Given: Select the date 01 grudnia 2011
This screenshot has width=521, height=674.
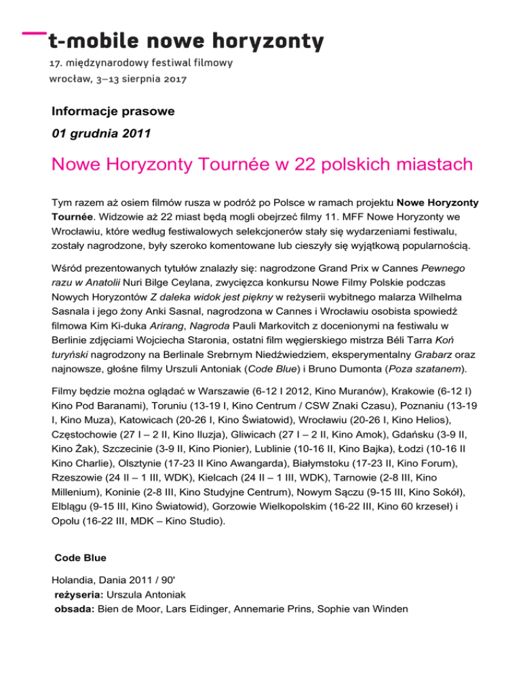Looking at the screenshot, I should coord(101,134).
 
